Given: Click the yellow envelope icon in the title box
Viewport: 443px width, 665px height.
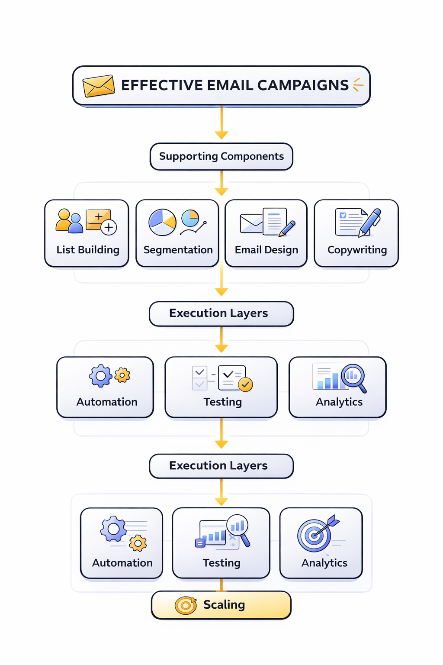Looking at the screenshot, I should [99, 86].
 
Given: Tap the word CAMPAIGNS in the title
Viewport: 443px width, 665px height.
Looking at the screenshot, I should [302, 85].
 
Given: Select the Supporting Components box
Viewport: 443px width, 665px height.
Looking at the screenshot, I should [221, 156].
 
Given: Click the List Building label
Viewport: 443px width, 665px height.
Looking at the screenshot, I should [88, 250].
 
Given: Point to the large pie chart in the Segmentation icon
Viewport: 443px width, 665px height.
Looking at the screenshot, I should [162, 222].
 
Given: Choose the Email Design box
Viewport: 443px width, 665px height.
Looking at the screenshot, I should [266, 233].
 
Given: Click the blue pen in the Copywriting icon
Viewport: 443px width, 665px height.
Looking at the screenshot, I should [370, 221].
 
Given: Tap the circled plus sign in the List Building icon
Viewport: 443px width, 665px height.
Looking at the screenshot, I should [109, 227].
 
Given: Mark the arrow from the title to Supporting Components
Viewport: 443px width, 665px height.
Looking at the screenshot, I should [221, 123].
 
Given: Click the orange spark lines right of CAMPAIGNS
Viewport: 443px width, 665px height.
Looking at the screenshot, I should [358, 85].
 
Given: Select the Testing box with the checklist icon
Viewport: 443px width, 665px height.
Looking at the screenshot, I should [221, 387].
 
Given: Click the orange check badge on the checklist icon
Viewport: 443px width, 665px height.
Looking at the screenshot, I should [245, 384].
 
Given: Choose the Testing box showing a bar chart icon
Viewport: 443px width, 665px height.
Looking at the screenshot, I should [221, 543].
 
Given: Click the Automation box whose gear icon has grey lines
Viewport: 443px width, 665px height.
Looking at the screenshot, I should [122, 543].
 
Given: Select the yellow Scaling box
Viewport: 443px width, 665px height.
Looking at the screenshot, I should [221, 605].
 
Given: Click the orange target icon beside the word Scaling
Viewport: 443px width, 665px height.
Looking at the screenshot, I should [186, 605].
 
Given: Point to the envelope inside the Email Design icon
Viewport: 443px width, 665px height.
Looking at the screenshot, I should [251, 223].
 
